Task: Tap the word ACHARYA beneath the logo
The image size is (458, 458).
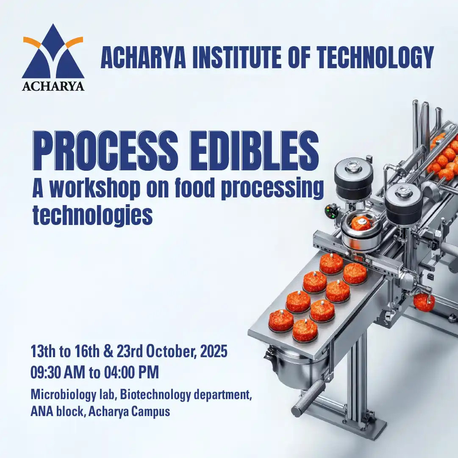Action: (x=53, y=86)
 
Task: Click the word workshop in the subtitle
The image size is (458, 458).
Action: (x=95, y=189)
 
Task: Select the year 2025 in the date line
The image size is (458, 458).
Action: (x=214, y=351)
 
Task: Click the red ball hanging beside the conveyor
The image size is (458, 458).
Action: (x=424, y=303)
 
